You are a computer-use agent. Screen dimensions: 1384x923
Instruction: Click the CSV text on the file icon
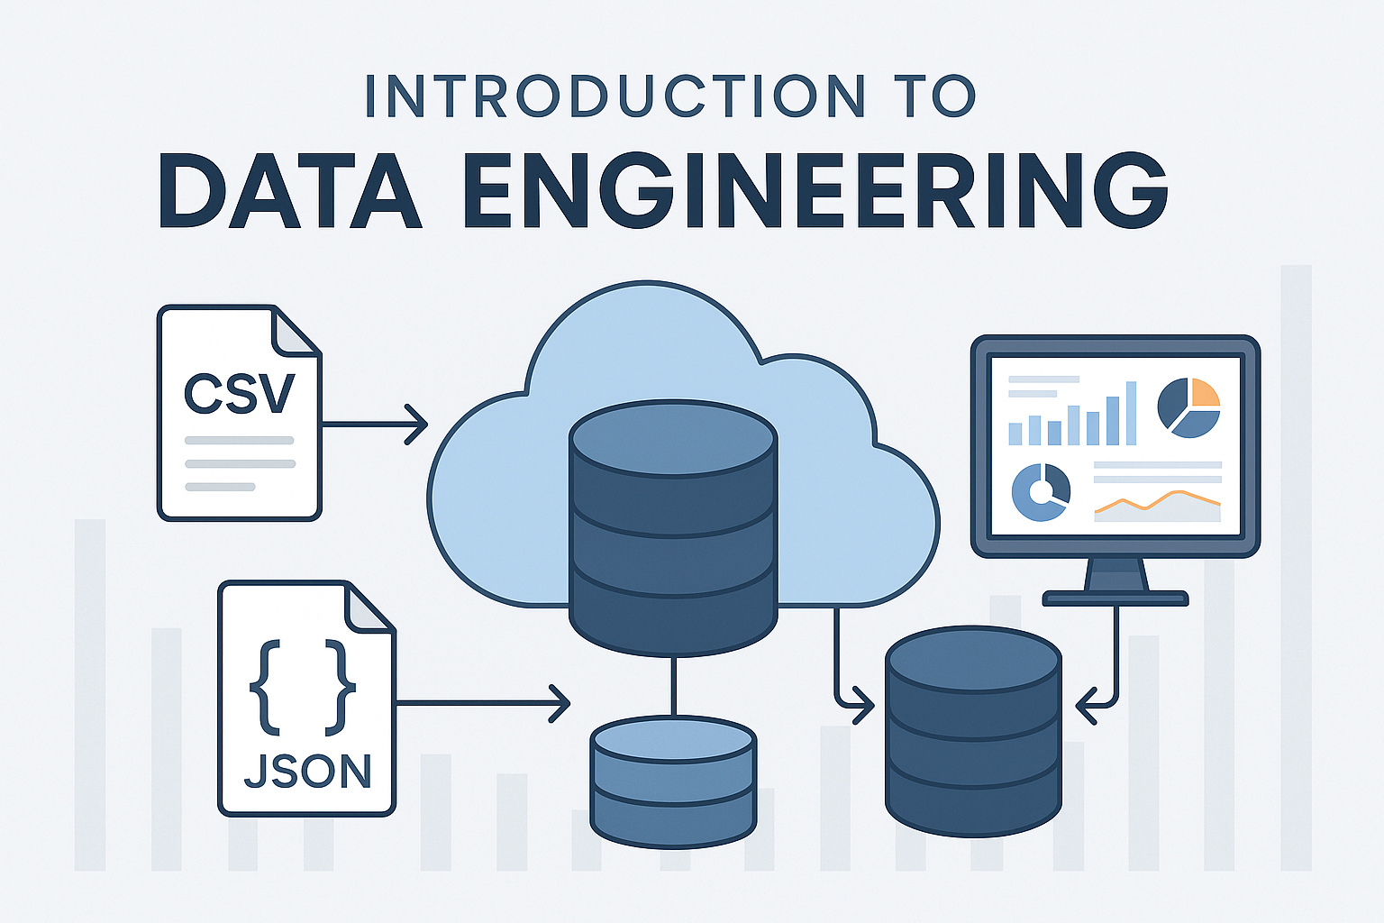[x=240, y=393]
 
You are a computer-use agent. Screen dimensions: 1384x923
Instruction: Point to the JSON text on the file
[x=308, y=772]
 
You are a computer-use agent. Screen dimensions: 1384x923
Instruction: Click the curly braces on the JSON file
[x=302, y=684]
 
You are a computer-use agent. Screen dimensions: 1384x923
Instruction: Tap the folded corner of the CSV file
[x=296, y=332]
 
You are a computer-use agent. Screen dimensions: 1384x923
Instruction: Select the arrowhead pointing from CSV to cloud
[x=417, y=424]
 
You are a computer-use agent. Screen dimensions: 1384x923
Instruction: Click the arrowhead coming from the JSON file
[x=560, y=703]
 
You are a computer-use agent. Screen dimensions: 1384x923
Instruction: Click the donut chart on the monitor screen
[x=1041, y=491]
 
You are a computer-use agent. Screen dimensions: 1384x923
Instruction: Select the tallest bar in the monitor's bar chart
[x=1131, y=413]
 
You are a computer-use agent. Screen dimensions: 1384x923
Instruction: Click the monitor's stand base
[x=1115, y=598]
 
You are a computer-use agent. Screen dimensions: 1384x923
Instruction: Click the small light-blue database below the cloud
[x=673, y=780]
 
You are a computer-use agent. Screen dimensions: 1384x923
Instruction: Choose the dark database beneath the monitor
[x=973, y=730]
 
